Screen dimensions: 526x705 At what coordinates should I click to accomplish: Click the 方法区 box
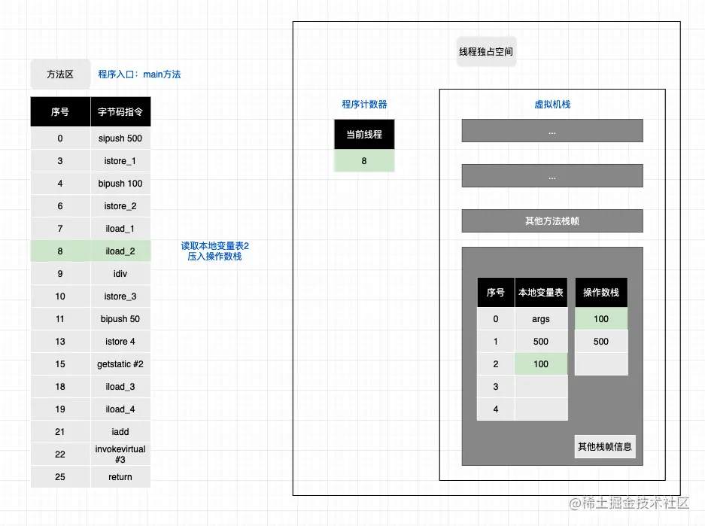click(x=60, y=74)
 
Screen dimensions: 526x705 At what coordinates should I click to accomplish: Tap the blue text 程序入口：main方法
click(x=139, y=74)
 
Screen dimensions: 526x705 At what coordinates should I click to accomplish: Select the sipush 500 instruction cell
click(x=120, y=138)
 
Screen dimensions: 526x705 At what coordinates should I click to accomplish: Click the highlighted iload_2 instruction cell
click(x=120, y=251)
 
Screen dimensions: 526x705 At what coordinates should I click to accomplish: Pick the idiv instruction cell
click(x=120, y=274)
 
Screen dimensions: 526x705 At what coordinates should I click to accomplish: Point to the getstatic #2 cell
click(x=120, y=364)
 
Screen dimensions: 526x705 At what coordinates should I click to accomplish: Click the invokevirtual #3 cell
click(x=120, y=455)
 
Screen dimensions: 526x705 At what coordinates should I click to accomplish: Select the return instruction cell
click(x=120, y=477)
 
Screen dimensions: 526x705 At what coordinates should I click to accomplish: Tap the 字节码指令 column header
click(x=120, y=112)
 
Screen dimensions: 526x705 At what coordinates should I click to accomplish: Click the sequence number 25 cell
click(x=60, y=477)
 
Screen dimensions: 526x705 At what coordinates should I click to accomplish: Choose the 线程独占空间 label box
click(x=486, y=52)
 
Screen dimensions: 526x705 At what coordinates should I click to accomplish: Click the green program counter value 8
click(x=364, y=161)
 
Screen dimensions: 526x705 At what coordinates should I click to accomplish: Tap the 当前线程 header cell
click(x=364, y=135)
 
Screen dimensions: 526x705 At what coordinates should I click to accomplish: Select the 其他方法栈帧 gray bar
click(x=552, y=221)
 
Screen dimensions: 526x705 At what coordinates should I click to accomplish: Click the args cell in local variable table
click(x=541, y=319)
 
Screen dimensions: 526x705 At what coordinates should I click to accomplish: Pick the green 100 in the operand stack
click(x=601, y=319)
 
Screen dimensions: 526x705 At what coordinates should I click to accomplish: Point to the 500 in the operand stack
click(x=601, y=342)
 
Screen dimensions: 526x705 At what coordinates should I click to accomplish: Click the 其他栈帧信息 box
click(x=605, y=446)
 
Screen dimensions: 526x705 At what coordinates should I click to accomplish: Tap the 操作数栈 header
click(x=601, y=293)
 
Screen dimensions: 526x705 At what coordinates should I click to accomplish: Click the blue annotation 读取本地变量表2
click(x=214, y=246)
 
